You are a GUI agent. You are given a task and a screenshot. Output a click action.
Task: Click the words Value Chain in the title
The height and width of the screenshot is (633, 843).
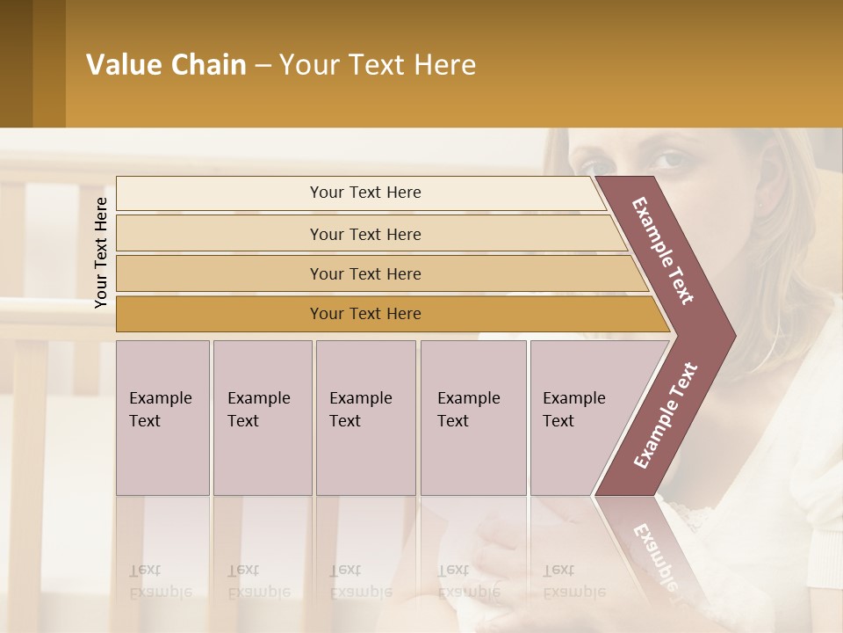pos(166,65)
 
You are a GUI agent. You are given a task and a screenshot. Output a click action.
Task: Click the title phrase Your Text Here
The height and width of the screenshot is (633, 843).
pos(378,65)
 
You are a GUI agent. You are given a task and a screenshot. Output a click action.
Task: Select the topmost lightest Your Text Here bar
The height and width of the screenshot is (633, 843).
pos(365,193)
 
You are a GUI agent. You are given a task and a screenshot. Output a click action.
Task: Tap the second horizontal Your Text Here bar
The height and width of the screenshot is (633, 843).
pos(365,234)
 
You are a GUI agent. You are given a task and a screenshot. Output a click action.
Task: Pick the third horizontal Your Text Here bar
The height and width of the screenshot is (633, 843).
pos(365,273)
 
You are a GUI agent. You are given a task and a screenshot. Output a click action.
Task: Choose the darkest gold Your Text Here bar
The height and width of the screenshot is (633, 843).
pos(365,314)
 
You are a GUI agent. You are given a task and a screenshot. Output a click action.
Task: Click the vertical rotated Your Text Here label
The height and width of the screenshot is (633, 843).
pos(101,253)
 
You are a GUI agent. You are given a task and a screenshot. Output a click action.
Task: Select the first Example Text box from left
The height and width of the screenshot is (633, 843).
pos(162,418)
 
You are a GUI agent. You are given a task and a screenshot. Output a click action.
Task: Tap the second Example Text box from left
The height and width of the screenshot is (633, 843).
pos(263,418)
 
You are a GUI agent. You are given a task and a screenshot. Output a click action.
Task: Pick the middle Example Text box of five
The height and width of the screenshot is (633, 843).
pos(365,418)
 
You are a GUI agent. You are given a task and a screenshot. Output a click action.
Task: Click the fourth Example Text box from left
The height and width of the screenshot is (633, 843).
pos(473,418)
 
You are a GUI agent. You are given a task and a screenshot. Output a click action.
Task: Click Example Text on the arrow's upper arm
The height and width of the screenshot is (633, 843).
pos(663,251)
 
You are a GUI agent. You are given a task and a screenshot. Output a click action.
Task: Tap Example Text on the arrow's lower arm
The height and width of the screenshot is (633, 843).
pos(666,415)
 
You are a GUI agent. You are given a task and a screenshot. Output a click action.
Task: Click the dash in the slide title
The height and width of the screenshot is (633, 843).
pos(263,65)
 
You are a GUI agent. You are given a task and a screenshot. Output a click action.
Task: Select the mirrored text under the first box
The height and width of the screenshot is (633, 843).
pos(161,580)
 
